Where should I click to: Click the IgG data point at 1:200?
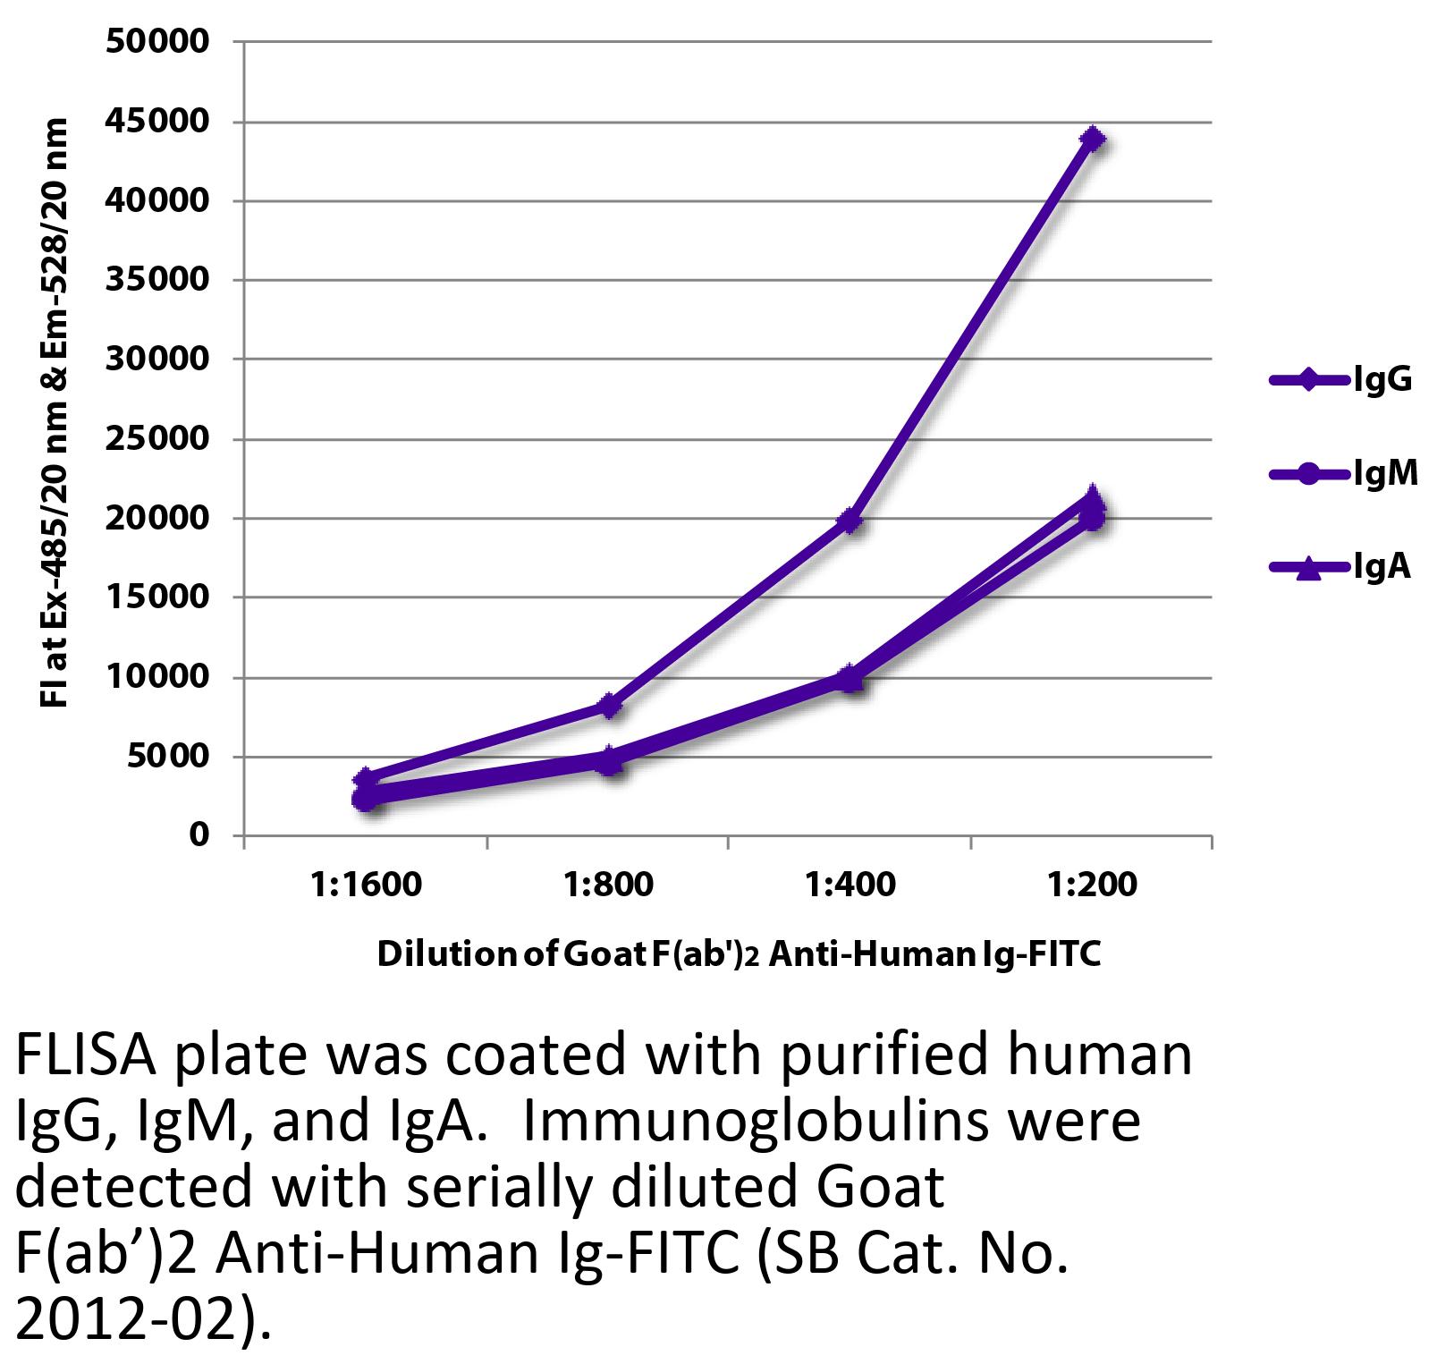click(x=1092, y=139)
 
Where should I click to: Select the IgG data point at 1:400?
click(x=850, y=520)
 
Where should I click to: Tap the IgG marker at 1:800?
click(x=609, y=705)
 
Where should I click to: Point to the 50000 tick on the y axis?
click(x=157, y=42)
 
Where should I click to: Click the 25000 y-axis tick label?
click(x=157, y=439)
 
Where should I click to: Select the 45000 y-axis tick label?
click(x=157, y=122)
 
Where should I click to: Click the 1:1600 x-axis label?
click(x=366, y=885)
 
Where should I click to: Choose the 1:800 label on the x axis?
click(x=609, y=885)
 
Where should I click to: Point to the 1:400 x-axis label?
click(x=850, y=885)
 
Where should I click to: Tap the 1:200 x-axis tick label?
click(x=1092, y=885)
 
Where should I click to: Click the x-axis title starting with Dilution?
click(x=738, y=955)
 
